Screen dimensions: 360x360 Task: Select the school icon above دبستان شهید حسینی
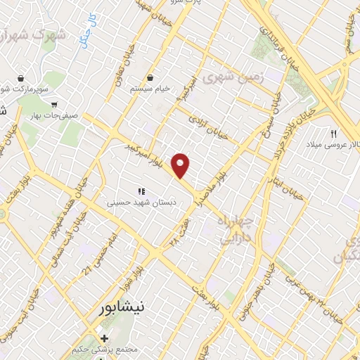pyautogui.click(x=141, y=191)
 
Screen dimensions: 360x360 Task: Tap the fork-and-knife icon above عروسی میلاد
pyautogui.click(x=334, y=134)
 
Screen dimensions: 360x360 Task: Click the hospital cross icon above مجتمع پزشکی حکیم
pyautogui.click(x=104, y=339)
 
